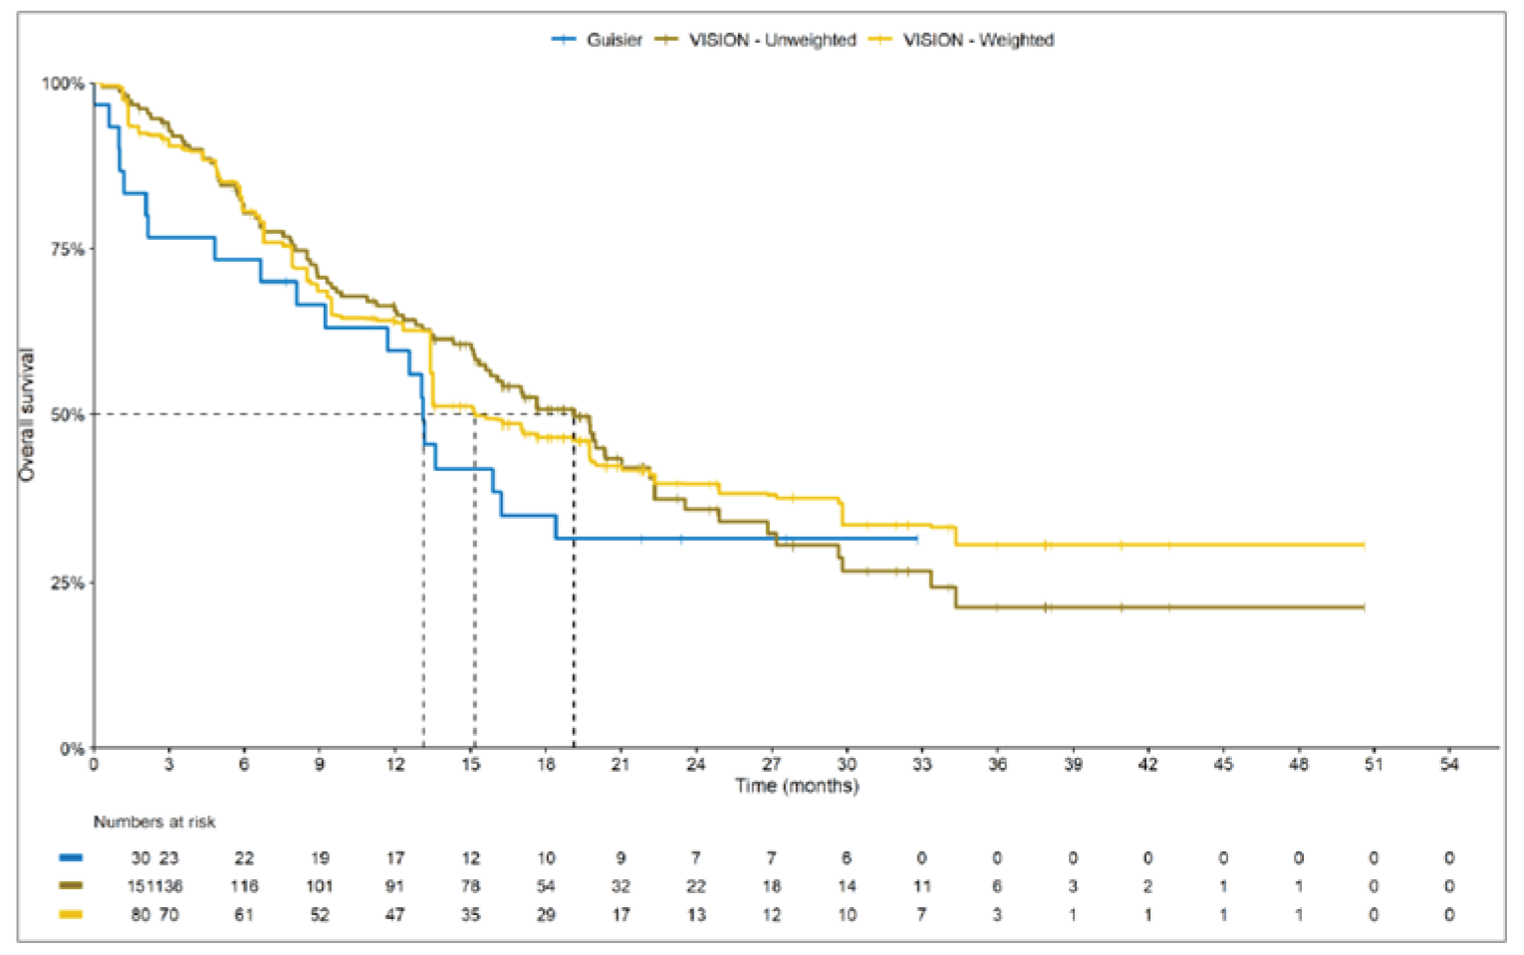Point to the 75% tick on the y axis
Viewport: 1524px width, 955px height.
pos(67,249)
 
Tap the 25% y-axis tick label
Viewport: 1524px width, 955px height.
pos(67,583)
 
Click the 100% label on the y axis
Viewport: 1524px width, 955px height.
pos(63,84)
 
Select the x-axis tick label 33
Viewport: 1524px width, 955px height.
pos(921,765)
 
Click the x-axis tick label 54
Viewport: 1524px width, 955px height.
pos(1448,765)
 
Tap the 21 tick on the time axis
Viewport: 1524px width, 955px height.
pos(621,765)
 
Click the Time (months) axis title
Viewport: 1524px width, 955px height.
pos(796,786)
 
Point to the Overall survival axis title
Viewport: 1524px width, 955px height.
pos(27,415)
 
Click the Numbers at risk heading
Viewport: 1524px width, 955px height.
pos(154,822)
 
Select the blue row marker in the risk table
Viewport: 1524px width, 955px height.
pos(71,857)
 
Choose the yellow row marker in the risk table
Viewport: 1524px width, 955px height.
pos(71,914)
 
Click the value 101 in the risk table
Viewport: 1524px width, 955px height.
pos(319,886)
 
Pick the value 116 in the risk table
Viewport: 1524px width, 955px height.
pos(244,886)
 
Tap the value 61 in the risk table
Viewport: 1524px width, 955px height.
pos(244,914)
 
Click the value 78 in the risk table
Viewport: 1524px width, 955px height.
pos(470,886)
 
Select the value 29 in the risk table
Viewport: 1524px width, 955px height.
pos(546,914)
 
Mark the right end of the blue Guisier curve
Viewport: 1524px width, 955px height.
pos(917,539)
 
